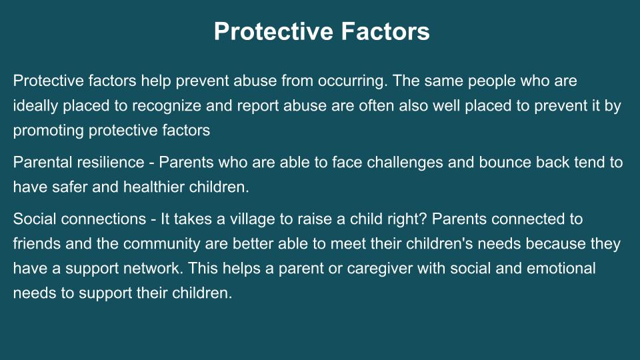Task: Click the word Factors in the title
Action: [385, 31]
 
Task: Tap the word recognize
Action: [167, 107]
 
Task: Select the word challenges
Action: [405, 163]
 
